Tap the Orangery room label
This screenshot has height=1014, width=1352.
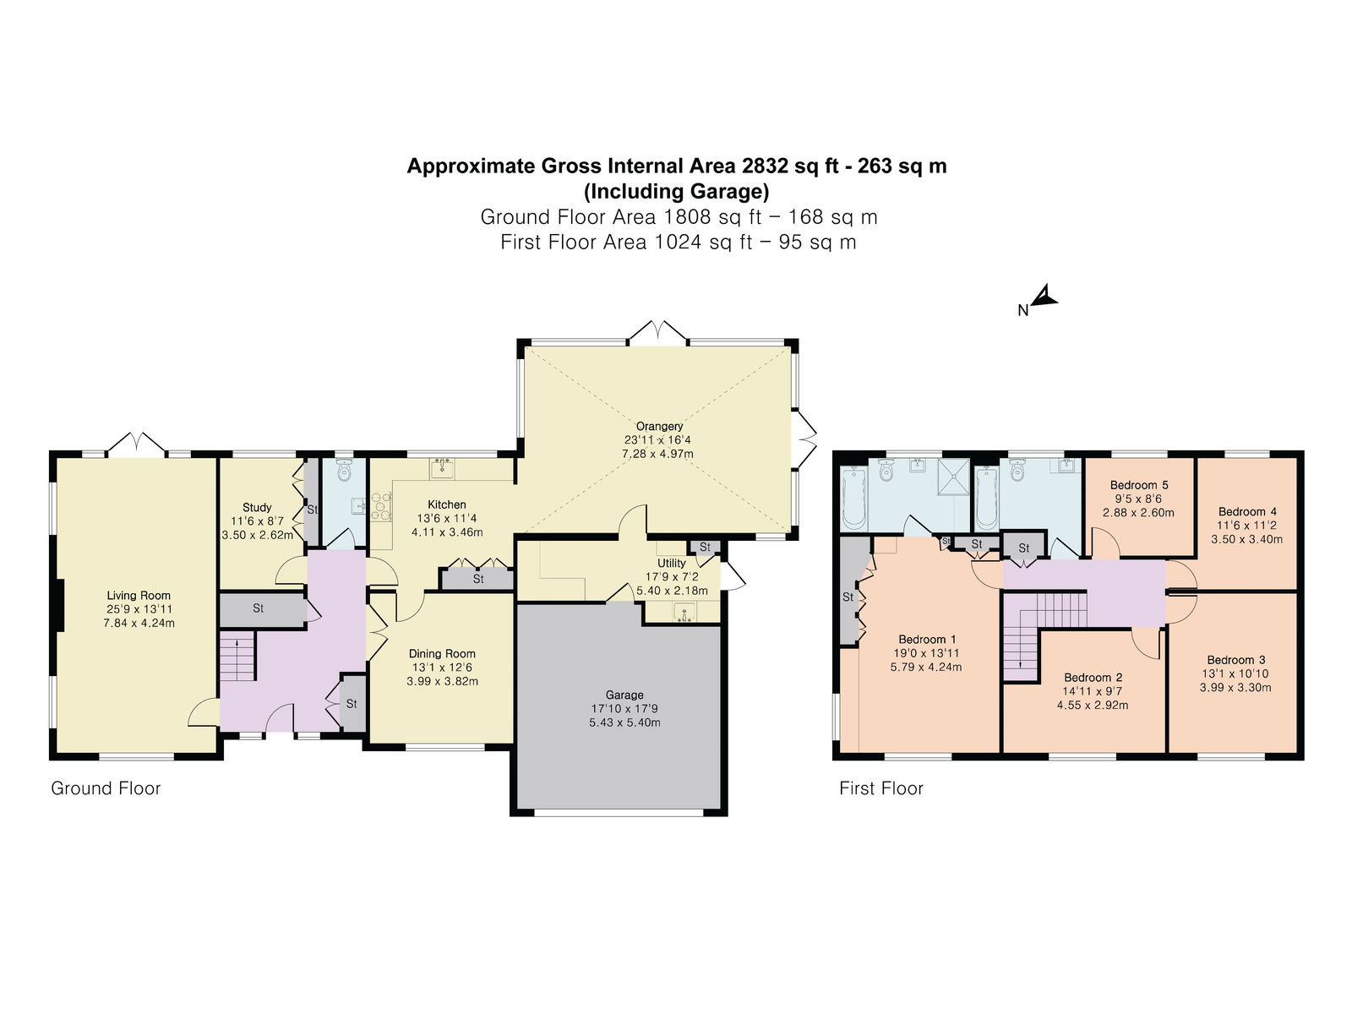(659, 426)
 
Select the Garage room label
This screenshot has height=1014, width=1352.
(624, 695)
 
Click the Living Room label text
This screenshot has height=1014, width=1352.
(139, 596)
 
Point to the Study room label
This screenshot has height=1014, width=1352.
(257, 507)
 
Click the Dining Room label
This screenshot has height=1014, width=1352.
(442, 654)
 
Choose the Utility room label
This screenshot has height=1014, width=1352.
(672, 564)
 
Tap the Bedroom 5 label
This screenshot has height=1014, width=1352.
(1139, 485)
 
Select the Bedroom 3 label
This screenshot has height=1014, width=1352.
(1236, 660)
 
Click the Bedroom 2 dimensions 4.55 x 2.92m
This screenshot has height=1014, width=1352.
(1093, 705)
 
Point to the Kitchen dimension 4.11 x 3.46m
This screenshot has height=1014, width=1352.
(447, 532)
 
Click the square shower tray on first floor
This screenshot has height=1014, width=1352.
(953, 477)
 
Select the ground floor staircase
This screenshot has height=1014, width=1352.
(237, 657)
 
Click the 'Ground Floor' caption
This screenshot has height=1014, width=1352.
(106, 788)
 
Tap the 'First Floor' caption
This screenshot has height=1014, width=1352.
(880, 788)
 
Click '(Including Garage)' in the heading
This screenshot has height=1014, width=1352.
(676, 192)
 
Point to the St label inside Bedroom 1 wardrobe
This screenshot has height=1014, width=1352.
(848, 597)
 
